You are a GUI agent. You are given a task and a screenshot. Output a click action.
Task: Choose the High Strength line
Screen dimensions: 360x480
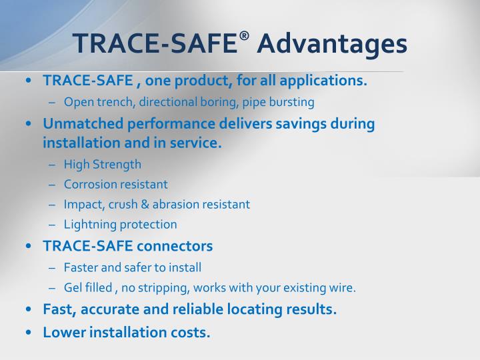(103, 164)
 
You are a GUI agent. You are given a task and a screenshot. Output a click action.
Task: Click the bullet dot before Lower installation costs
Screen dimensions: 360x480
(28, 331)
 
